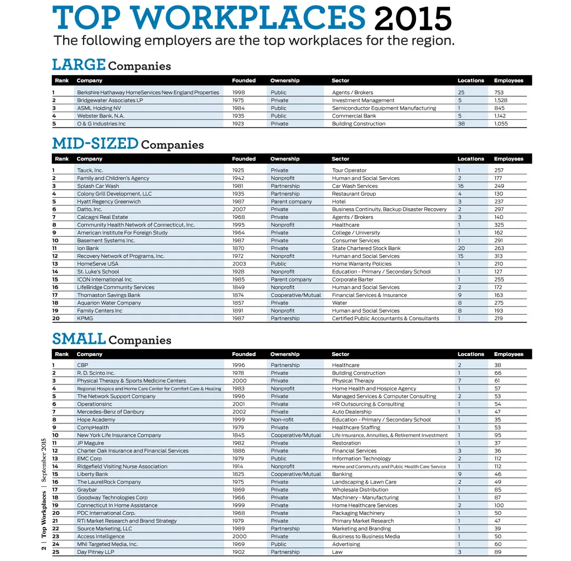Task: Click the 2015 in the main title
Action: pos(413,19)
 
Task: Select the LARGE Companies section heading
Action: pos(112,65)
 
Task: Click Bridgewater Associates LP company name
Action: pos(110,100)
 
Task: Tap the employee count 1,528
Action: pos(501,100)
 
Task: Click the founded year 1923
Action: pos(238,124)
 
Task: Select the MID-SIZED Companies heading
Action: pos(128,144)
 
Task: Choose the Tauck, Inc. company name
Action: pos(90,170)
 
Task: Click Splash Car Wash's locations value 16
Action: pos(461,186)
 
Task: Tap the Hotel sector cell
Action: pos(339,202)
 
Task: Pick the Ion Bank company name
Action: pos(88,248)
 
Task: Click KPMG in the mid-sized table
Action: pos(85,319)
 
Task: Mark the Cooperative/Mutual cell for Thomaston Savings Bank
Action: pos(296,295)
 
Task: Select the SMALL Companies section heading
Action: pos(112,339)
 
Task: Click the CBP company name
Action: pos(83,365)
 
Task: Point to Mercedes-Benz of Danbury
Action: pos(110,412)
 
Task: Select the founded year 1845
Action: pos(238,436)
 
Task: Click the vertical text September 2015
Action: pos(43,460)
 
